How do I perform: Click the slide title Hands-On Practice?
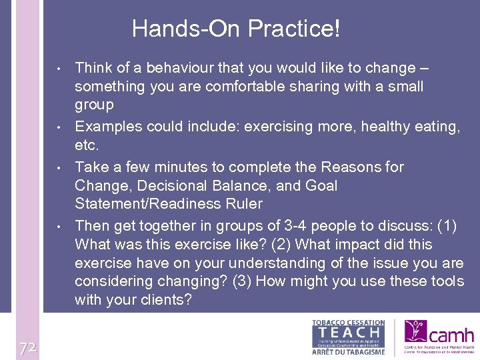(x=235, y=29)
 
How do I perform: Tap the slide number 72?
(x=27, y=348)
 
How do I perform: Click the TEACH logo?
(x=349, y=337)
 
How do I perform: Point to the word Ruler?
(x=245, y=204)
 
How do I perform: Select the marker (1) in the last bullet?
(x=445, y=226)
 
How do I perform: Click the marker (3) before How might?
(x=242, y=281)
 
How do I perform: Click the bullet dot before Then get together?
(x=59, y=227)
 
